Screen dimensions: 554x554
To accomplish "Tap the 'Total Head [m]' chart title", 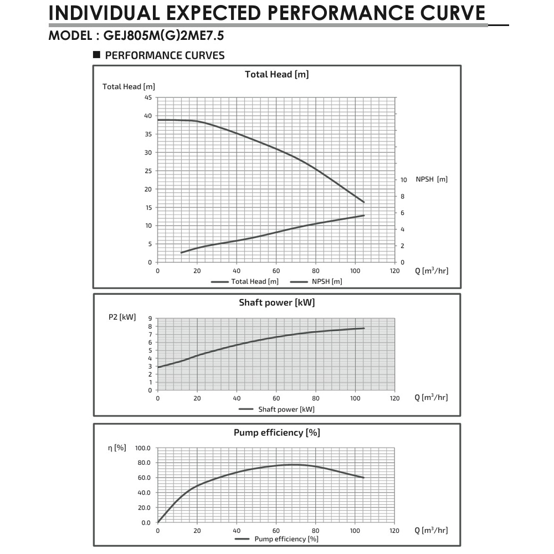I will point(276,74).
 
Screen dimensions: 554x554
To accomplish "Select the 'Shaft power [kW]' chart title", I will point(276,302).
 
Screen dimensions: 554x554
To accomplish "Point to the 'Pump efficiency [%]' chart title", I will point(276,433).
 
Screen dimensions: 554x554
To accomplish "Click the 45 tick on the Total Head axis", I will point(148,98).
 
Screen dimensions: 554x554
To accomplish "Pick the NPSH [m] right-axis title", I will point(432,179).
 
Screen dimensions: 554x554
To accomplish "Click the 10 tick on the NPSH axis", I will point(404,180).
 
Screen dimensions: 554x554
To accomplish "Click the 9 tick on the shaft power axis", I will point(150,319).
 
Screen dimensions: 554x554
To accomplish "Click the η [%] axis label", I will point(117,447).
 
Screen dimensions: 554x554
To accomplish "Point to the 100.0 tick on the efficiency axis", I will point(142,448).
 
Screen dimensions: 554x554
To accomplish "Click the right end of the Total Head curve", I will point(364,202).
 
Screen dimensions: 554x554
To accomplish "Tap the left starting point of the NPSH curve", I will point(181,253).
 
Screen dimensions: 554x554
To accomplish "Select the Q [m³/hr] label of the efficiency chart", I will point(431,530).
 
